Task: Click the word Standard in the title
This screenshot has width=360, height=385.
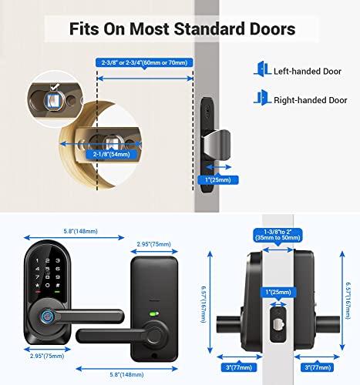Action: [200, 30]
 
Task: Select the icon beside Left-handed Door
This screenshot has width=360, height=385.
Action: [260, 70]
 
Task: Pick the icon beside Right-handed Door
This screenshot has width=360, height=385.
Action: [260, 99]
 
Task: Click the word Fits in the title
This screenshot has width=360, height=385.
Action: [86, 30]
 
